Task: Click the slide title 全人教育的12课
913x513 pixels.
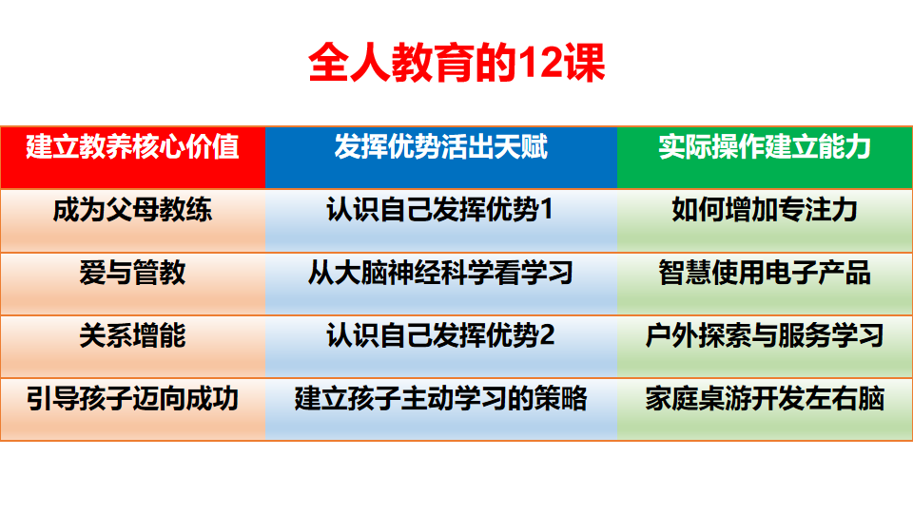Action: (x=456, y=64)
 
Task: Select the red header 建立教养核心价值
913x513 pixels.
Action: (x=132, y=148)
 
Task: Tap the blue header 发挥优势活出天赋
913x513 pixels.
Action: (x=441, y=148)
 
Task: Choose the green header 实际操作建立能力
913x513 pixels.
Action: (x=765, y=148)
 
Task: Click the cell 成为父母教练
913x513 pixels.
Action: (x=132, y=210)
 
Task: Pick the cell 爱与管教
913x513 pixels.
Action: (x=132, y=274)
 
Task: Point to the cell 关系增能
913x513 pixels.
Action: (x=132, y=335)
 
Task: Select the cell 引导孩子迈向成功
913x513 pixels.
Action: (x=132, y=398)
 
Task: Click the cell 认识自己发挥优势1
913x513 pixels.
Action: (x=441, y=210)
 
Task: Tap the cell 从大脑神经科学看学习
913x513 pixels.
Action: (x=441, y=274)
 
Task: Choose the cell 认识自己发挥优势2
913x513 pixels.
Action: (x=441, y=335)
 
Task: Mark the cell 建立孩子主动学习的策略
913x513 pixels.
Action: (x=441, y=398)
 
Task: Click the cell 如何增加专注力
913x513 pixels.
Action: (x=765, y=210)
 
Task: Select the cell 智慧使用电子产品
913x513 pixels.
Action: (x=765, y=274)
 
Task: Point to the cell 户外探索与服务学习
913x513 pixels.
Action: (x=765, y=335)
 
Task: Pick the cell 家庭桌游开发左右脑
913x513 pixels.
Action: (x=765, y=398)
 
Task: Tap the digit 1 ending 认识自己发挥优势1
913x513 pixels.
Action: (x=547, y=211)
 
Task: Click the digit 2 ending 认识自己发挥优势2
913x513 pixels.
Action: (x=547, y=336)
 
